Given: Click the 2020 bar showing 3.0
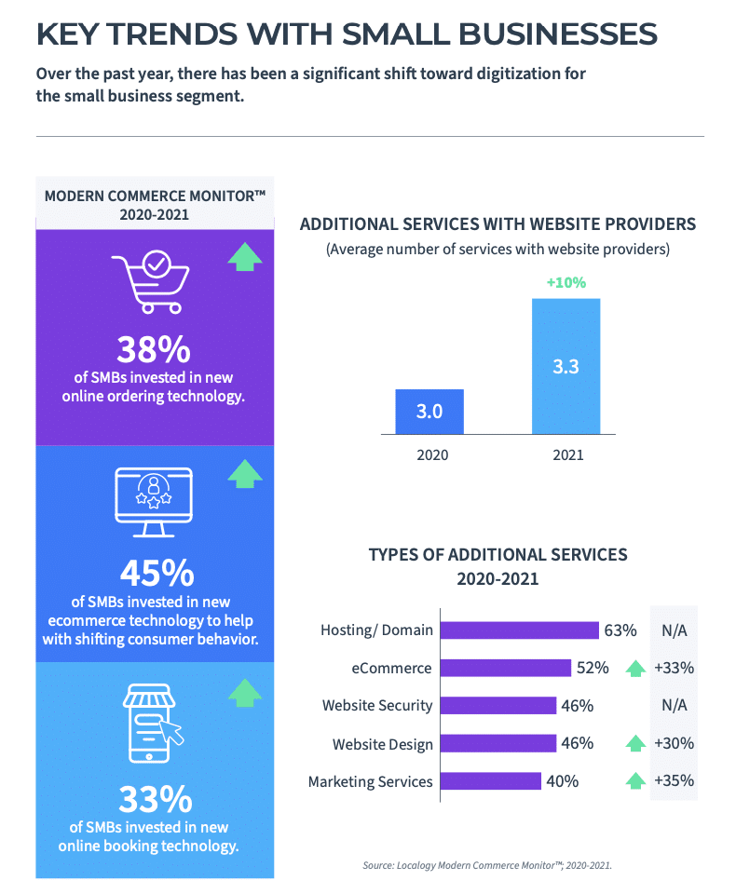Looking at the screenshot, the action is pyautogui.click(x=429, y=412).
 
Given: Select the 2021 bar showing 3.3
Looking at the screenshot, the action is pyautogui.click(x=566, y=366).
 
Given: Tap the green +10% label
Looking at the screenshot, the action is pyautogui.click(x=566, y=283).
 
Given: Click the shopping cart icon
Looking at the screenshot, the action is pyautogui.click(x=151, y=281).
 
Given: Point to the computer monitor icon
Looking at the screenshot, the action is pyautogui.click(x=154, y=502).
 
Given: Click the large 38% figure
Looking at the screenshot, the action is pyautogui.click(x=154, y=349).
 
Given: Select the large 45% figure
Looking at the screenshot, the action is pyautogui.click(x=157, y=573).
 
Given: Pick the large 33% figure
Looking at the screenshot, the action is pyautogui.click(x=156, y=799).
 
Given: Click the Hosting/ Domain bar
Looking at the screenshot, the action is pyautogui.click(x=520, y=630).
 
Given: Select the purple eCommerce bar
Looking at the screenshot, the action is pyautogui.click(x=506, y=668).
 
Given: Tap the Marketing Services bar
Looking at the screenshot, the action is pyautogui.click(x=491, y=781).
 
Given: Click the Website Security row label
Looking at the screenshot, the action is pyautogui.click(x=377, y=706).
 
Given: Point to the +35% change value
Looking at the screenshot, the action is pyautogui.click(x=674, y=780).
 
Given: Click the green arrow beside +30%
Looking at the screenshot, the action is pyautogui.click(x=635, y=743).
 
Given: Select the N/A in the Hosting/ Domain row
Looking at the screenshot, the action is pyautogui.click(x=674, y=630).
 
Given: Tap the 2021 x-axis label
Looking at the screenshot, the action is pyautogui.click(x=568, y=455).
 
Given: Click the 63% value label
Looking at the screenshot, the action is pyautogui.click(x=620, y=630).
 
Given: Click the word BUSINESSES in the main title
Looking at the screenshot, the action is pyautogui.click(x=557, y=34).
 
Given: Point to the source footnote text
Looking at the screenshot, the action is pyautogui.click(x=487, y=865).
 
